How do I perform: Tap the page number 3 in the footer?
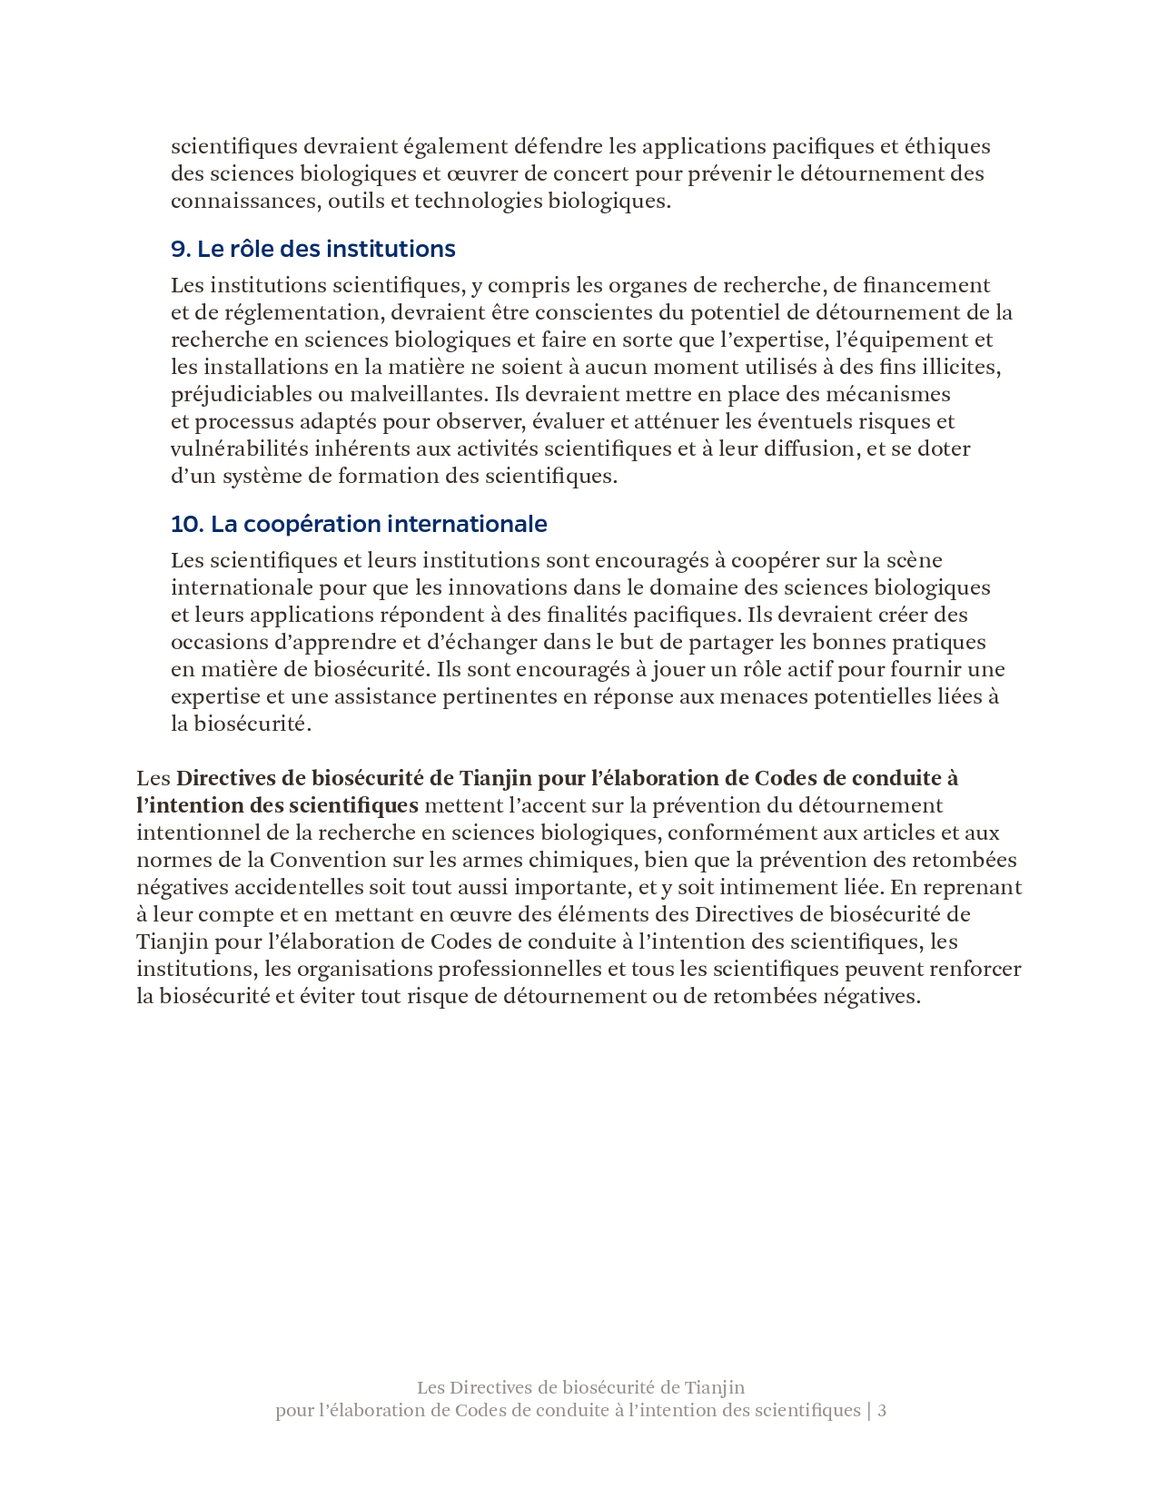click(x=882, y=1410)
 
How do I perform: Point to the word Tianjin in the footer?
click(x=714, y=1387)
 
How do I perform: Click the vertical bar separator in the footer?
click(x=869, y=1410)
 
